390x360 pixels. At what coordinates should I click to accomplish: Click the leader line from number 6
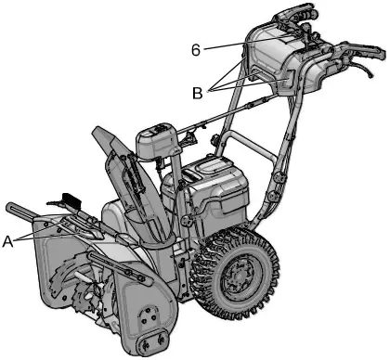pos(223,44)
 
